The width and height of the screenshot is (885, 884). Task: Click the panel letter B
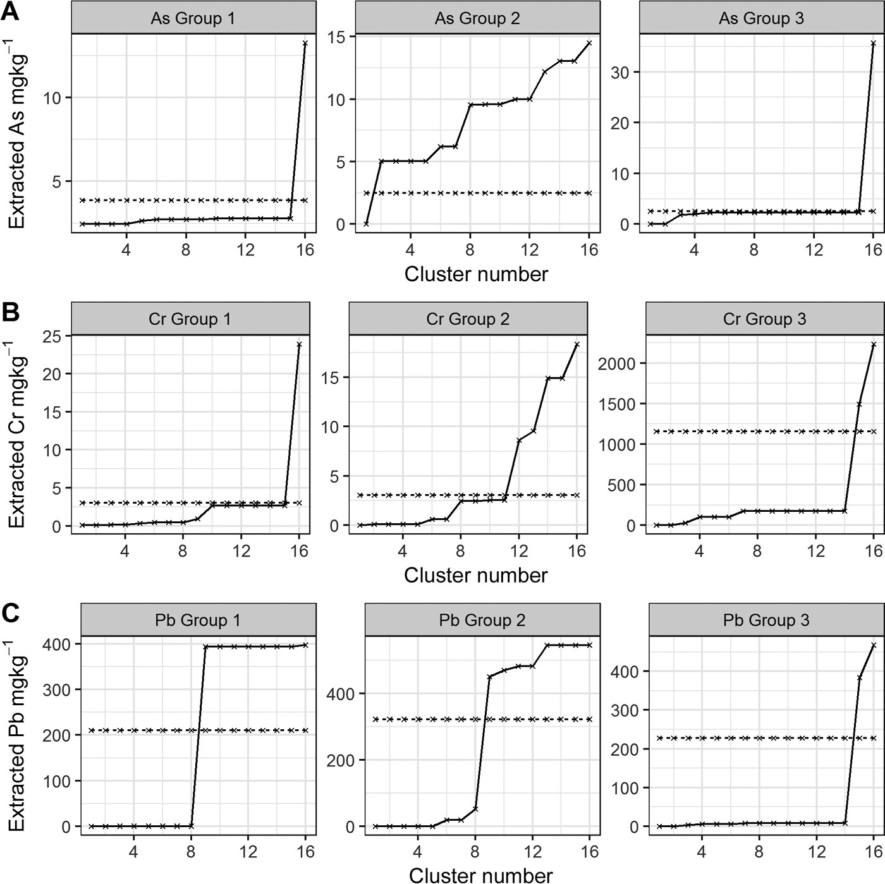tap(11, 313)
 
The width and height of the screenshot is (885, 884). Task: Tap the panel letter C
tap(11, 614)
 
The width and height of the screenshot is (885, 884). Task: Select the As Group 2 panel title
tap(477, 18)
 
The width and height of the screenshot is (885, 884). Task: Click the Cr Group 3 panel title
tap(764, 319)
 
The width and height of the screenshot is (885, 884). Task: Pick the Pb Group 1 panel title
tap(197, 620)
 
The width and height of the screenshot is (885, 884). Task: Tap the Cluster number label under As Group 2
tap(476, 274)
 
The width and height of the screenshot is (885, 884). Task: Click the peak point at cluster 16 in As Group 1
tap(305, 43)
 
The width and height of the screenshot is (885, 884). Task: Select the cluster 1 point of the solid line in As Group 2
tap(366, 224)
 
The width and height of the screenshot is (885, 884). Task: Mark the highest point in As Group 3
tap(873, 43)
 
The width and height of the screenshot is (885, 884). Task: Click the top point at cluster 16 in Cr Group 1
tap(299, 344)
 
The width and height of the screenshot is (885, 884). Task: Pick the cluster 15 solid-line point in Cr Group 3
tap(859, 404)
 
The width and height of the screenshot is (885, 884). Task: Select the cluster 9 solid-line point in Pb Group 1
tap(205, 646)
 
